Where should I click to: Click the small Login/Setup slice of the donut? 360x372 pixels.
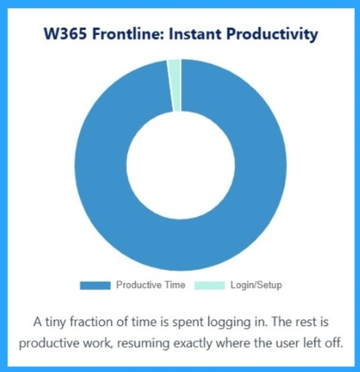175,85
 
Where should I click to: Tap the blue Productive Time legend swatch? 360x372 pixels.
95,285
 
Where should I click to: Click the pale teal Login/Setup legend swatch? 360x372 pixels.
210,285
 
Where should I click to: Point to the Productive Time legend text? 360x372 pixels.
151,285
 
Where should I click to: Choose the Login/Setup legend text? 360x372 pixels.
256,285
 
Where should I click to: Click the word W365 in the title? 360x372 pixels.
63,34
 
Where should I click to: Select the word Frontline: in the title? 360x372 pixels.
129,34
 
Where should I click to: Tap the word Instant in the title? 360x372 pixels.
200,34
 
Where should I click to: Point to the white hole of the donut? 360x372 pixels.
180,166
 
